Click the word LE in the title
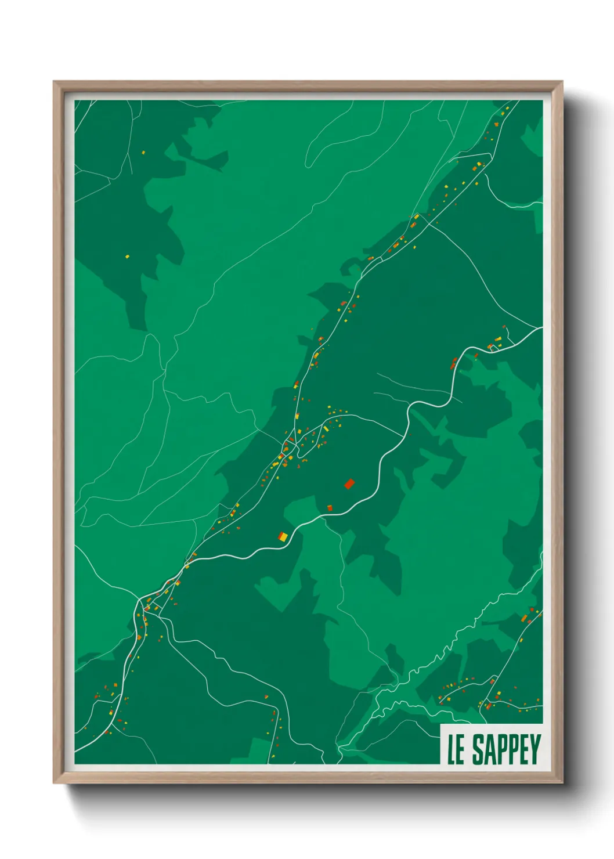click(x=456, y=749)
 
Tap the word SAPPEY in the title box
click(x=506, y=749)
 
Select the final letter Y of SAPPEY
click(x=534, y=749)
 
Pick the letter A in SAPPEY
click(x=490, y=749)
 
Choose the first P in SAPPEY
click(x=502, y=749)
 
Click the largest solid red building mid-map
click(x=349, y=483)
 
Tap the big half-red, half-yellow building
click(x=283, y=536)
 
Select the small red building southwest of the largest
click(x=330, y=508)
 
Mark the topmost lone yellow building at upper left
click(x=143, y=153)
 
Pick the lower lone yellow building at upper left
click(x=127, y=257)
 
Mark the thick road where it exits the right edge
click(x=540, y=329)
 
